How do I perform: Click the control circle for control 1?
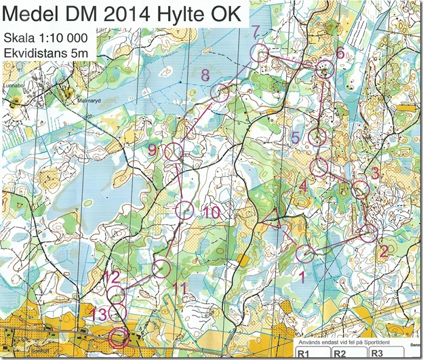tap(306, 254)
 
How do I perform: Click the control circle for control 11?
tap(161, 268)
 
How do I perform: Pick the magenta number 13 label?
tap(99, 313)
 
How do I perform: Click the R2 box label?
tap(340, 354)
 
